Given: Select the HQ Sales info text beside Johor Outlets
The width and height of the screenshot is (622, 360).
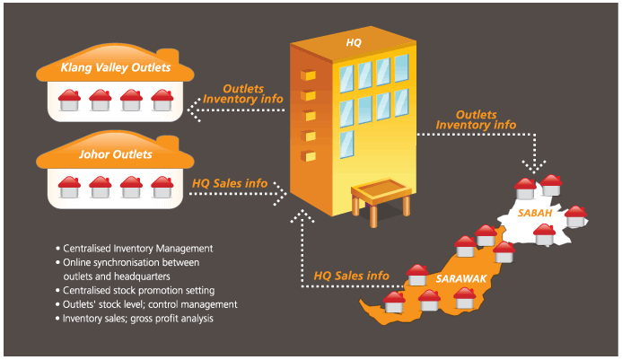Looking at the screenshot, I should click(231, 183).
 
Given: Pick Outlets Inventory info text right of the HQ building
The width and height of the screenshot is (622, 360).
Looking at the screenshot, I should click(486, 120).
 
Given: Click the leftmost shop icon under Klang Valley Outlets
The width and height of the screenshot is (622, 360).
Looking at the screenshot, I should click(70, 101).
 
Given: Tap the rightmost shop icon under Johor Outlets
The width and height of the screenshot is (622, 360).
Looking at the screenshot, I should click(162, 187).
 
